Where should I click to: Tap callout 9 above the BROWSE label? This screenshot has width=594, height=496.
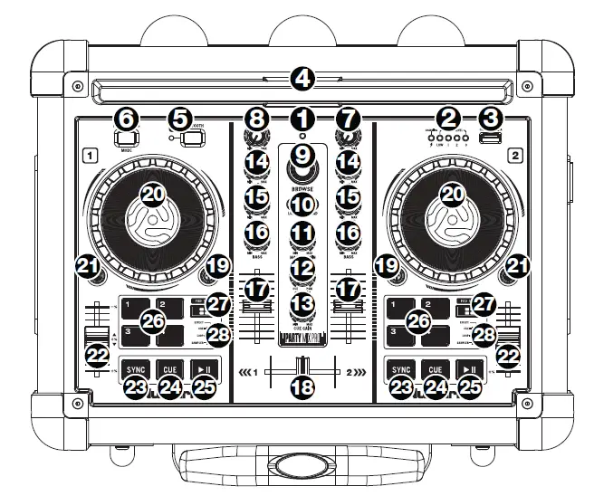pos(302,156)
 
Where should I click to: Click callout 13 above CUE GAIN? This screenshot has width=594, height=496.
pos(302,301)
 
